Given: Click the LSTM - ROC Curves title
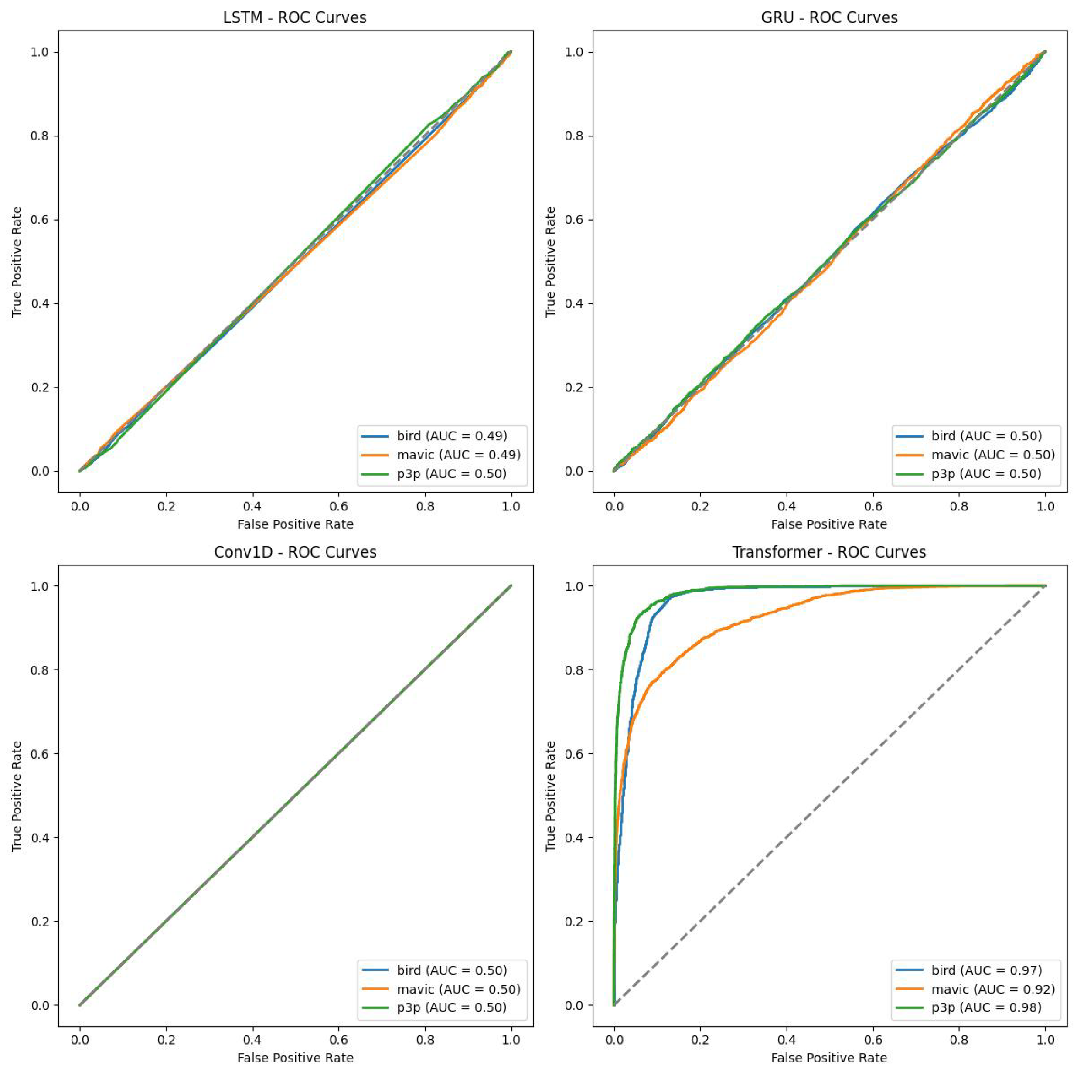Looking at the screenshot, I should pyautogui.click(x=294, y=18).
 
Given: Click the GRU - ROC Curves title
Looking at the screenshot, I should pyautogui.click(x=829, y=18).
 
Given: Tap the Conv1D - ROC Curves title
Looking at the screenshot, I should pyautogui.click(x=295, y=552).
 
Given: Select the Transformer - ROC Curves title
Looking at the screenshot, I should pyautogui.click(x=829, y=552).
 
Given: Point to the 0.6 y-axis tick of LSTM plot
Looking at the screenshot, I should pyautogui.click(x=40, y=220).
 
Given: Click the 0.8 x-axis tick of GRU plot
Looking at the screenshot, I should pyautogui.click(x=959, y=506).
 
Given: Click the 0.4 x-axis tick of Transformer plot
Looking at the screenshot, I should pyautogui.click(x=787, y=1040).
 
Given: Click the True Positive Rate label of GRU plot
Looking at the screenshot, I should pyautogui.click(x=551, y=262).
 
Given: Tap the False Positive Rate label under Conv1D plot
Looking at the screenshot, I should pyautogui.click(x=295, y=1058).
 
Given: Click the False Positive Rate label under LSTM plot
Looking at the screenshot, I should pyautogui.click(x=295, y=524).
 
